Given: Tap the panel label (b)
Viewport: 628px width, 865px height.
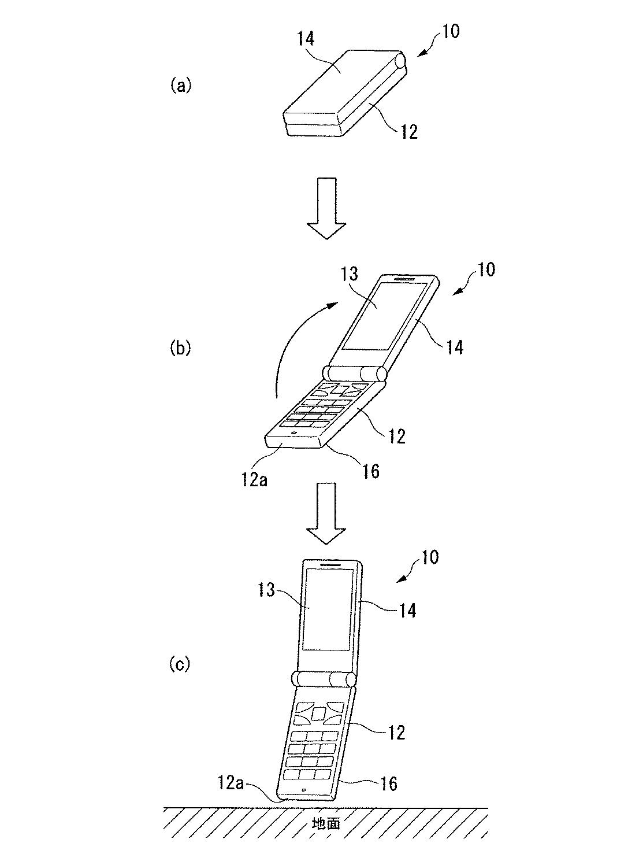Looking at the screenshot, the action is coord(180,348).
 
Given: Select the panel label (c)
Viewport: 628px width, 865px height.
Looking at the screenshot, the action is coord(180,663).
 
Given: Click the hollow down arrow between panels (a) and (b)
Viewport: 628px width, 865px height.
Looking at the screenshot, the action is coord(326,208).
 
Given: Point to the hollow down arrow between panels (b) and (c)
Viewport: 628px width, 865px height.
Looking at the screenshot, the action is coord(326,513).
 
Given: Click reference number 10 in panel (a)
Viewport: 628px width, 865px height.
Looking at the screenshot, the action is coord(450,31).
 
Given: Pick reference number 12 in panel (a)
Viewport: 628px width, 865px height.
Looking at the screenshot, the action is coord(408,132).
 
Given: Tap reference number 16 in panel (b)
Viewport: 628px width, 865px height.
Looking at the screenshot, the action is coord(370,471).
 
